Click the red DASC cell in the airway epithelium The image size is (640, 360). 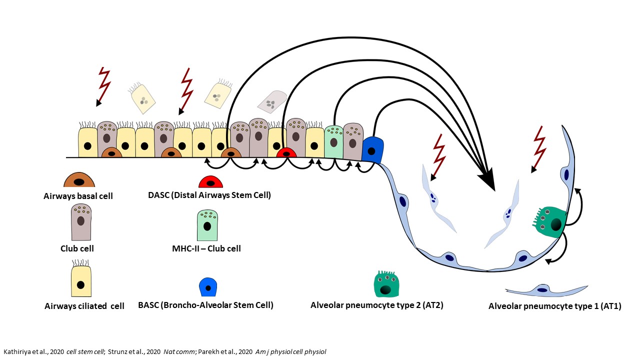tap(286, 153)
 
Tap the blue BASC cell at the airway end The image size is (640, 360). tap(372, 149)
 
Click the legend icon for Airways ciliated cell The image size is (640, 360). tap(81, 280)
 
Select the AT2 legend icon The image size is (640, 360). tap(385, 284)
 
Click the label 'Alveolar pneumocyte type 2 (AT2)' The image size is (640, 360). tap(376, 305)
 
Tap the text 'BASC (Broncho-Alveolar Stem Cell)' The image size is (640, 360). tap(205, 305)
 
